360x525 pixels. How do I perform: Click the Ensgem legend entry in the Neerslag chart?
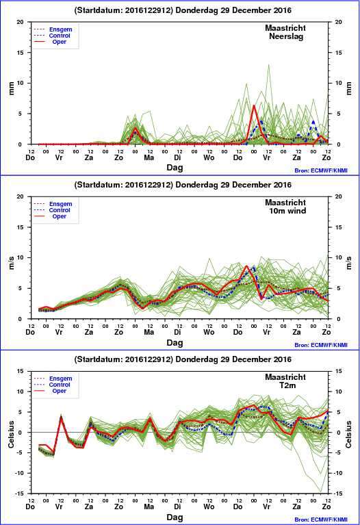(x=53, y=29)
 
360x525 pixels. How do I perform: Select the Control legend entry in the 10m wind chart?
(x=52, y=210)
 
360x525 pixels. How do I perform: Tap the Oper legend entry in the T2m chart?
(x=50, y=391)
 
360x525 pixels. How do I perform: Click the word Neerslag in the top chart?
(x=286, y=36)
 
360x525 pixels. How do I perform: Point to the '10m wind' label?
(x=287, y=211)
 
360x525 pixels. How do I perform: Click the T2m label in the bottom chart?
(x=287, y=385)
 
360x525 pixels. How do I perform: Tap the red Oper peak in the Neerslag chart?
(x=254, y=106)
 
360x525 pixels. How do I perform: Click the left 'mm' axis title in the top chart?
(x=12, y=88)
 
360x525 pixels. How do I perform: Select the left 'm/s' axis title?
(x=12, y=263)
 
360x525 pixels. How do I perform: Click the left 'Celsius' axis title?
(x=12, y=434)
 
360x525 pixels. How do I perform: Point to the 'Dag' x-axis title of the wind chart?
(x=175, y=342)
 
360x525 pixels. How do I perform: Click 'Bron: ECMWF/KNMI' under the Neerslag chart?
(x=321, y=170)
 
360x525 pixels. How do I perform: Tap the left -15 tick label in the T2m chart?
(x=20, y=494)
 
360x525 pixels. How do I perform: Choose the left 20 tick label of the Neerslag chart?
(x=21, y=22)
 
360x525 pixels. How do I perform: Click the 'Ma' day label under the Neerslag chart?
(x=149, y=157)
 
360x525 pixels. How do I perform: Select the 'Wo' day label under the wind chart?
(x=209, y=332)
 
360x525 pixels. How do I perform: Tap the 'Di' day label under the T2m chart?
(x=177, y=507)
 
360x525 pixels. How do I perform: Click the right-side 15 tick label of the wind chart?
(x=338, y=227)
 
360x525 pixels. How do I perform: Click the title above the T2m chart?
(x=183, y=359)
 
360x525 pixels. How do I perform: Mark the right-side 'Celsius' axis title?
(x=349, y=434)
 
